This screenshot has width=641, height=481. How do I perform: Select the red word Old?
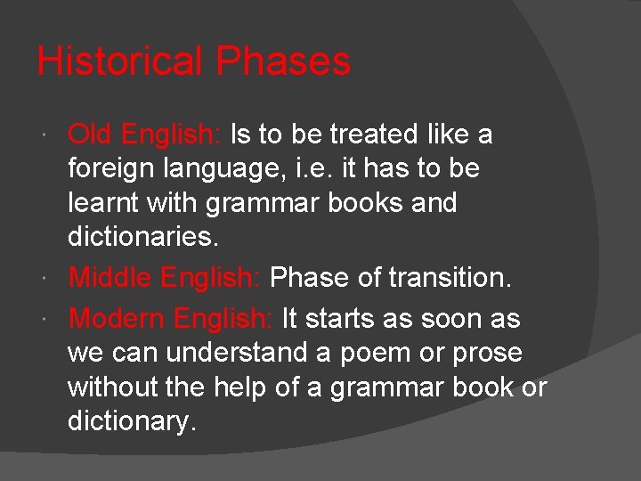coord(92,135)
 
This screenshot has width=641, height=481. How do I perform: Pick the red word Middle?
coord(111,278)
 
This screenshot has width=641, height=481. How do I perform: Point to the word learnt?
coord(102,203)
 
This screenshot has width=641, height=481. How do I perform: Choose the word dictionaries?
coord(142,238)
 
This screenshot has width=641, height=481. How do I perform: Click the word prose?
coord(489,354)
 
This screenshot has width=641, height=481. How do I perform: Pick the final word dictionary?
coord(132,421)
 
